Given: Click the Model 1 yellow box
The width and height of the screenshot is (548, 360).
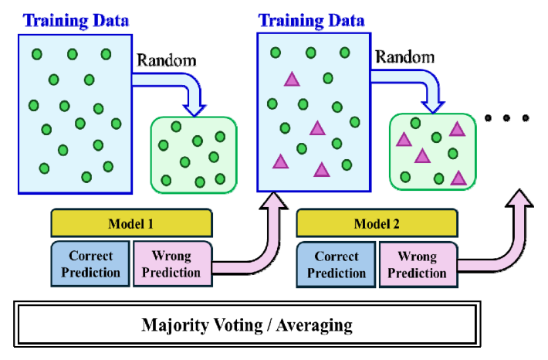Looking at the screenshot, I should point(130,224).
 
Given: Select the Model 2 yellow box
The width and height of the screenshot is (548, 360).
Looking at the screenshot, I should point(376,224).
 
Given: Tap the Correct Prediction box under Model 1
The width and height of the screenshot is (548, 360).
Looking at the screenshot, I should point(90,263).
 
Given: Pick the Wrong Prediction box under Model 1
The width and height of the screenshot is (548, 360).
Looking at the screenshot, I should point(171,263).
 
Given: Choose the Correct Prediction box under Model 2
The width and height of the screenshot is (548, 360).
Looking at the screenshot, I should point(337,263).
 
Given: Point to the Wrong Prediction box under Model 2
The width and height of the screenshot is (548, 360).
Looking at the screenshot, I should point(418,263).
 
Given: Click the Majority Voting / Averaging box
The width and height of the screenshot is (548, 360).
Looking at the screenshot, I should point(247,323).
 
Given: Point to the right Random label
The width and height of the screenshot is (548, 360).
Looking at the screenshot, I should point(405,57).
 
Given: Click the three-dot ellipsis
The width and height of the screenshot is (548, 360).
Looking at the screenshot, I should point(506,118).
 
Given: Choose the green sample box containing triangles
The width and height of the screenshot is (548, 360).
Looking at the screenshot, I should point(430,151).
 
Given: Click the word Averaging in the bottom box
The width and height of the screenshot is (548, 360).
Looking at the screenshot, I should point(313,324).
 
